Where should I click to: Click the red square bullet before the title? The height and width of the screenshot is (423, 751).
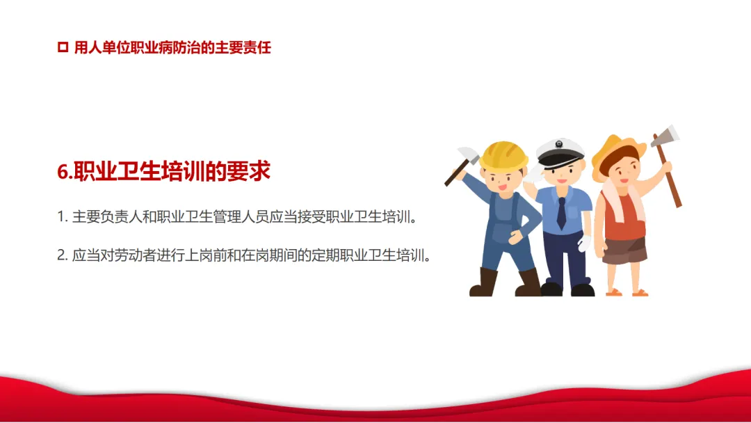pos(63,47)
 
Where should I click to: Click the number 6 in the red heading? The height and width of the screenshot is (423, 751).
pos(63,172)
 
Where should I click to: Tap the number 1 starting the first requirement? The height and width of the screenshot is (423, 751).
pos(60,217)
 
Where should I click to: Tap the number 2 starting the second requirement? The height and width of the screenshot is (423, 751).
pos(61,255)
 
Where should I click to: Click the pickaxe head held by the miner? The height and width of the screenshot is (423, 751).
pos(469,155)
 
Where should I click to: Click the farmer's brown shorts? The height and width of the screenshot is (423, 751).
pos(624,250)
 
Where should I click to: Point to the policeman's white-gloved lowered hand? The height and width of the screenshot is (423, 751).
pos(584,243)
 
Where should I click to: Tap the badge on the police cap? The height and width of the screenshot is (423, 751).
pos(558,144)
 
